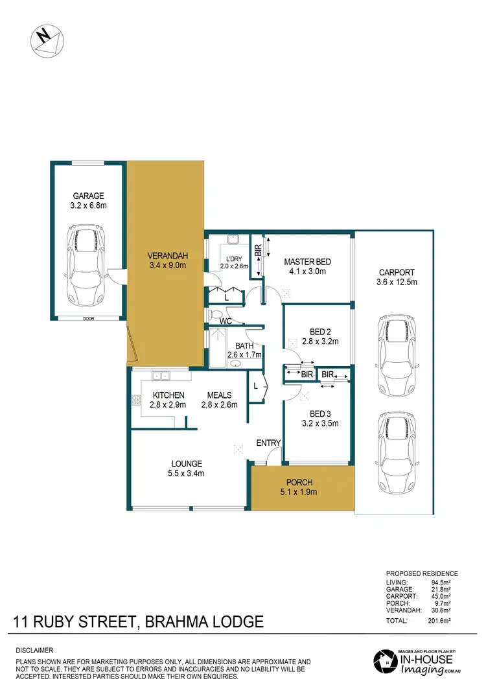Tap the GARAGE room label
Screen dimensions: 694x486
88,200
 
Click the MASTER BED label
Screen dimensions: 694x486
308,266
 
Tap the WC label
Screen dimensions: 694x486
226,321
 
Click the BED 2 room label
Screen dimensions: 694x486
316,336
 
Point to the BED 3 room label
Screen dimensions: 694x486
317,419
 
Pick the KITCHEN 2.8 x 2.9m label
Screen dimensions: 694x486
168,400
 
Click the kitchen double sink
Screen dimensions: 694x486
160,375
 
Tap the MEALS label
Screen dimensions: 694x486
220,400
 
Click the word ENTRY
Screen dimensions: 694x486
268,443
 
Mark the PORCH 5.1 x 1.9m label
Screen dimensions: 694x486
299,487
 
